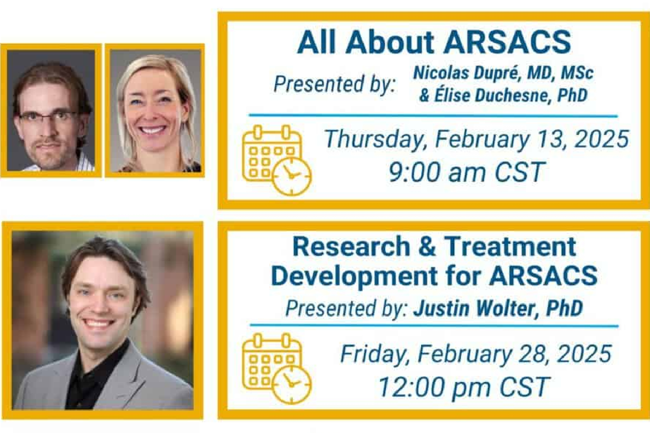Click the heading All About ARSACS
(x=434, y=43)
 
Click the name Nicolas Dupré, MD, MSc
(x=503, y=73)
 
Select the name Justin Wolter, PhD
(x=498, y=308)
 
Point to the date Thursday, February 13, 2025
(x=476, y=139)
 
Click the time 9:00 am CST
(x=466, y=172)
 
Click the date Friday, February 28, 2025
(x=476, y=354)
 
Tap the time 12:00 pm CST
(x=464, y=386)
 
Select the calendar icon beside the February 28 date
(x=276, y=368)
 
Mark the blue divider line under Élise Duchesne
(x=433, y=116)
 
